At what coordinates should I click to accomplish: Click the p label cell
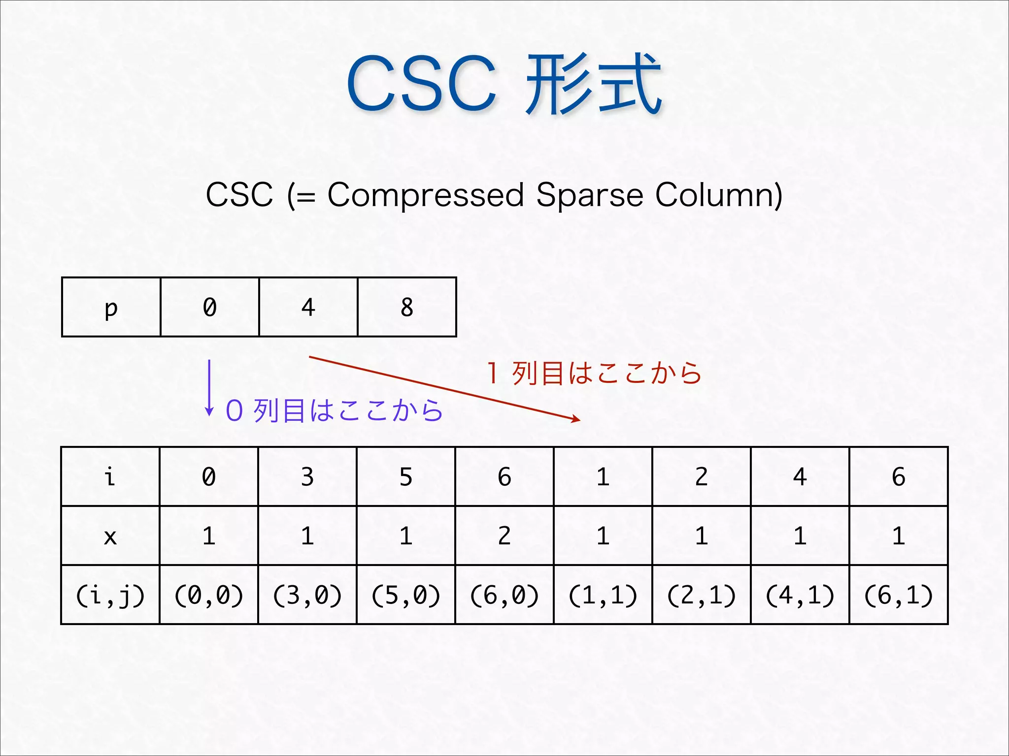pyautogui.click(x=111, y=307)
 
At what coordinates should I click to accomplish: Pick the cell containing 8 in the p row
pyautogui.click(x=407, y=307)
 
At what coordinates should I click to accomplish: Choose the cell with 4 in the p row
pyautogui.click(x=308, y=307)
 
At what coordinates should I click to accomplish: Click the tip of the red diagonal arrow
pyautogui.click(x=579, y=420)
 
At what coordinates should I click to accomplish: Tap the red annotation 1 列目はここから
pyautogui.click(x=594, y=373)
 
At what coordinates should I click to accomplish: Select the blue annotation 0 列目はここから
pyautogui.click(x=334, y=410)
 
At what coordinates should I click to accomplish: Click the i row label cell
pyautogui.click(x=110, y=476)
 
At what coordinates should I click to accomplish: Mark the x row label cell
pyautogui.click(x=110, y=535)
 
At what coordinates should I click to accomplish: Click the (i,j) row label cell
pyautogui.click(x=110, y=595)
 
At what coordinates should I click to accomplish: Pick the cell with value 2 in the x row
pyautogui.click(x=504, y=535)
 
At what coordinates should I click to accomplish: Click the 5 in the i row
pyautogui.click(x=406, y=476)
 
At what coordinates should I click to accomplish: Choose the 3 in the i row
pyautogui.click(x=307, y=476)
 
